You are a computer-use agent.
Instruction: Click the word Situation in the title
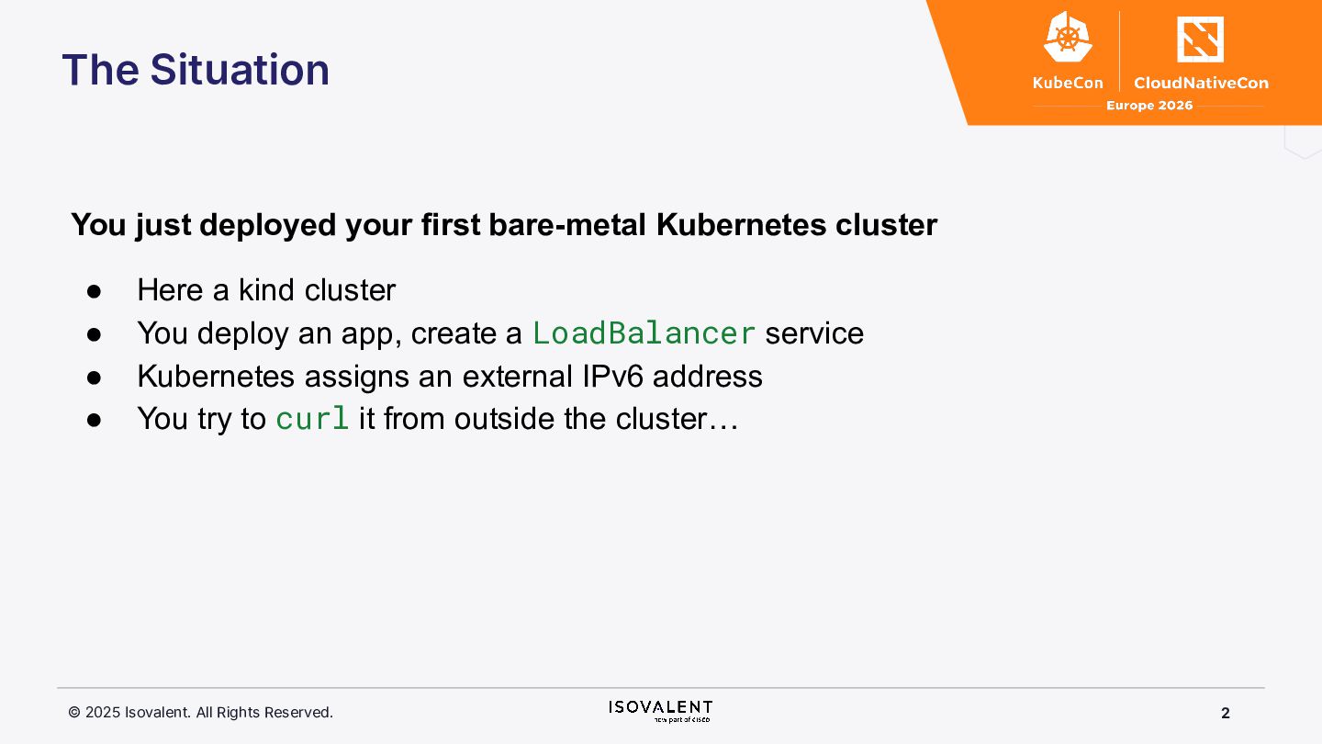click(240, 70)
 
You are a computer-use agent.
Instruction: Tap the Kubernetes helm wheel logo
click(1068, 37)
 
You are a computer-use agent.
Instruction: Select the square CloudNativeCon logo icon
click(1200, 39)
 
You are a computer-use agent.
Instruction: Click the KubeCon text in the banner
click(1068, 83)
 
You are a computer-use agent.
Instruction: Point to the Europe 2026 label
click(1149, 106)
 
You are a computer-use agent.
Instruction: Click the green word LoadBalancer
click(644, 333)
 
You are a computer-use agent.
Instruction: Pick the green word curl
click(312, 419)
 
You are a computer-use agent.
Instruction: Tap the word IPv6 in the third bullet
click(612, 377)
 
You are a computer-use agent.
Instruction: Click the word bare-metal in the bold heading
click(567, 225)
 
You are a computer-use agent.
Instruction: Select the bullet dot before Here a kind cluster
click(94, 291)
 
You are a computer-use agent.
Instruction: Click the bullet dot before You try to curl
click(94, 420)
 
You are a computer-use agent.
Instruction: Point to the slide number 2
click(1226, 714)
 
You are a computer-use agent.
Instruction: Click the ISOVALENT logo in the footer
click(660, 711)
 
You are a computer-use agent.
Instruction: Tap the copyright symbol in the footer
click(74, 712)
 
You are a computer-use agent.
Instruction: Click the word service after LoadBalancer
click(814, 333)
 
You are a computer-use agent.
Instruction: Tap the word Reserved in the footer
click(298, 713)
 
